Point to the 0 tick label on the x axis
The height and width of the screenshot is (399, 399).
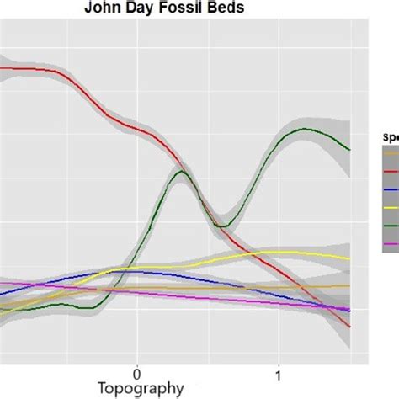tap(136, 371)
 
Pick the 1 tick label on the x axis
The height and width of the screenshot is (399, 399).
tap(279, 371)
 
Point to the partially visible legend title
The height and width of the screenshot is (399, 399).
tap(388, 134)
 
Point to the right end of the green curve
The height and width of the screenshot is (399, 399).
tap(349, 150)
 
